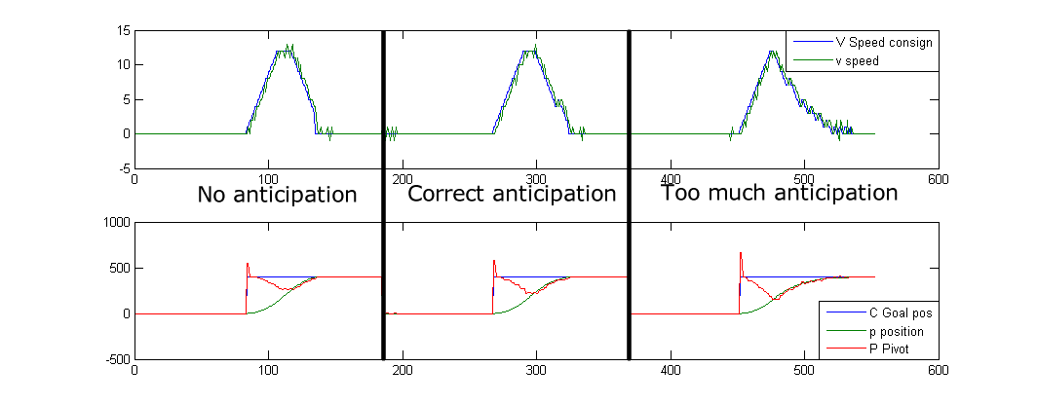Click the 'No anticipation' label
(277, 195)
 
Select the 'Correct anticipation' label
(512, 194)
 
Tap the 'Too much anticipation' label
(780, 193)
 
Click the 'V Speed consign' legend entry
(883, 42)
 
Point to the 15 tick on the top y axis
(123, 31)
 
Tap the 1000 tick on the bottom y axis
(114, 222)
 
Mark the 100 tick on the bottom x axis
(269, 371)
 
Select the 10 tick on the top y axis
(123, 65)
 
